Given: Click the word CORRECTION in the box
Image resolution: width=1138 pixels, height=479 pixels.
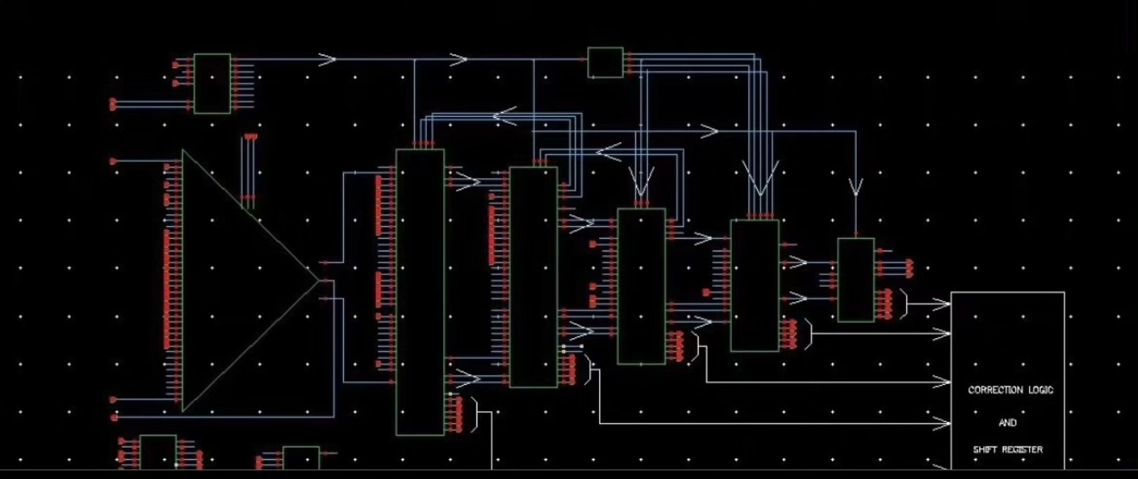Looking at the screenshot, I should click(994, 390).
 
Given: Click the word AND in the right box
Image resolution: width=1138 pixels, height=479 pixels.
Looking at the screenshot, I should click(1008, 423).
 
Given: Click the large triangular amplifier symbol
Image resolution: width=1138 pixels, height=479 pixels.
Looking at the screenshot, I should click(237, 281).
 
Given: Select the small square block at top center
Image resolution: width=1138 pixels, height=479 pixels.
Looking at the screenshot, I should click(605, 62).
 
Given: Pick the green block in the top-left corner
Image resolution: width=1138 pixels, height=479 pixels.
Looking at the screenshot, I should click(213, 84).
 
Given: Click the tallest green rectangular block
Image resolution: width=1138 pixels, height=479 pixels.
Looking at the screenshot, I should click(420, 292).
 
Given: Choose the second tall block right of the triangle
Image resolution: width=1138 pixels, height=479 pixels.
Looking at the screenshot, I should click(533, 277).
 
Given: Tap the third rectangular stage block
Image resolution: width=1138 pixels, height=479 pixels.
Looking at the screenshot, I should click(641, 286).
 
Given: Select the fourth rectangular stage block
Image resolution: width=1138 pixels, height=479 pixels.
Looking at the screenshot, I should click(755, 285).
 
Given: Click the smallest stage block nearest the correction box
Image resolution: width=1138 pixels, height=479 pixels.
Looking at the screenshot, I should click(856, 280).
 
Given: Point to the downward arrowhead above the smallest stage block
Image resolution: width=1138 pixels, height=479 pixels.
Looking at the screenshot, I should click(856, 188).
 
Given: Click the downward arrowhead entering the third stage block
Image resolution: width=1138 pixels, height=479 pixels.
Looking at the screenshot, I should click(640, 184).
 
